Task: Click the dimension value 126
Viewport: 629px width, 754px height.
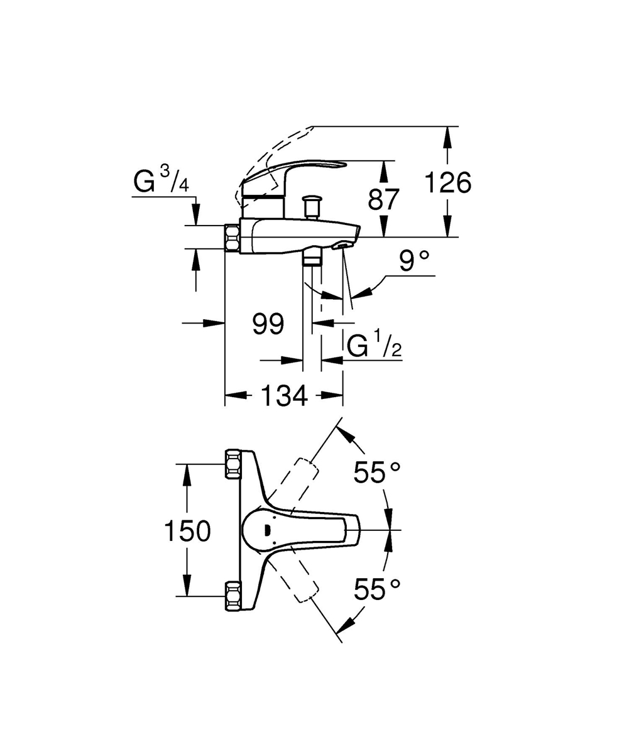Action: coord(447,183)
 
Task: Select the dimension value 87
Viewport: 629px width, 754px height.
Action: coord(383,199)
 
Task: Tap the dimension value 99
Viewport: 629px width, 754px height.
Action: coord(268,324)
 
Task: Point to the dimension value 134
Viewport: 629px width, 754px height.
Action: coord(284,396)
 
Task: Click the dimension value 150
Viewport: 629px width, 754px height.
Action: coord(187,532)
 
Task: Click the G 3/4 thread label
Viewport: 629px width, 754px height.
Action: coord(161,182)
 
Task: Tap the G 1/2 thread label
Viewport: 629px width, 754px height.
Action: coord(375,346)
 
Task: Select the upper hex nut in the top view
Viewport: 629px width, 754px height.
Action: coord(233,464)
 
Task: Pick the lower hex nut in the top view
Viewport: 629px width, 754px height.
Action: coord(233,596)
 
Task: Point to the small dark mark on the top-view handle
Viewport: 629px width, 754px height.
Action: coord(270,530)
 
